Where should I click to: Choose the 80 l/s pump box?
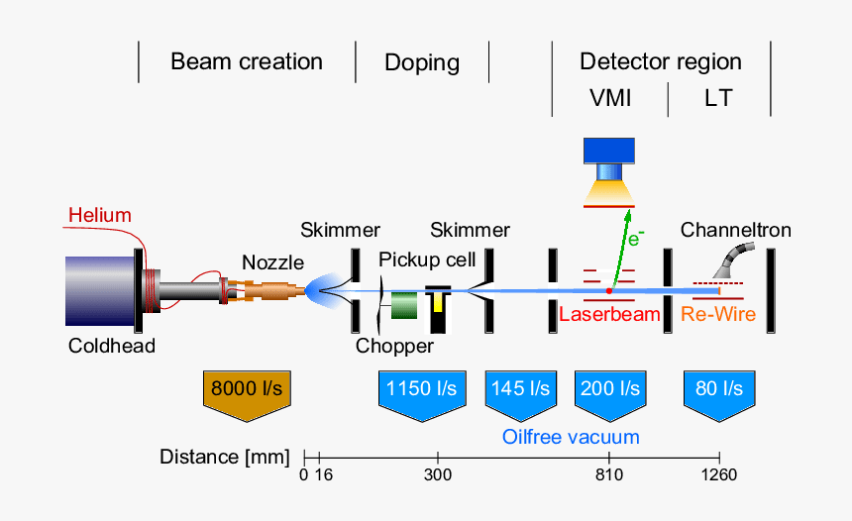(719, 388)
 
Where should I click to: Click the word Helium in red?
(99, 216)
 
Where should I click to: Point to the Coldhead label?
(112, 346)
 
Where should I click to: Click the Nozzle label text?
(272, 262)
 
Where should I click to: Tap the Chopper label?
(394, 346)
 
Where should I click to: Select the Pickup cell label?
(427, 260)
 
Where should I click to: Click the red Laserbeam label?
(609, 314)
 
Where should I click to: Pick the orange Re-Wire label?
(718, 314)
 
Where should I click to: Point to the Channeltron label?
(735, 231)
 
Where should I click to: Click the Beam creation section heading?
(247, 61)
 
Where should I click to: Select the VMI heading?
(610, 98)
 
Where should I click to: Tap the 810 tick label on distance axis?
(608, 475)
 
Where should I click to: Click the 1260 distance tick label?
(718, 475)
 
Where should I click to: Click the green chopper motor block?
(403, 306)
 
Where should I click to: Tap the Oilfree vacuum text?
(571, 437)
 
